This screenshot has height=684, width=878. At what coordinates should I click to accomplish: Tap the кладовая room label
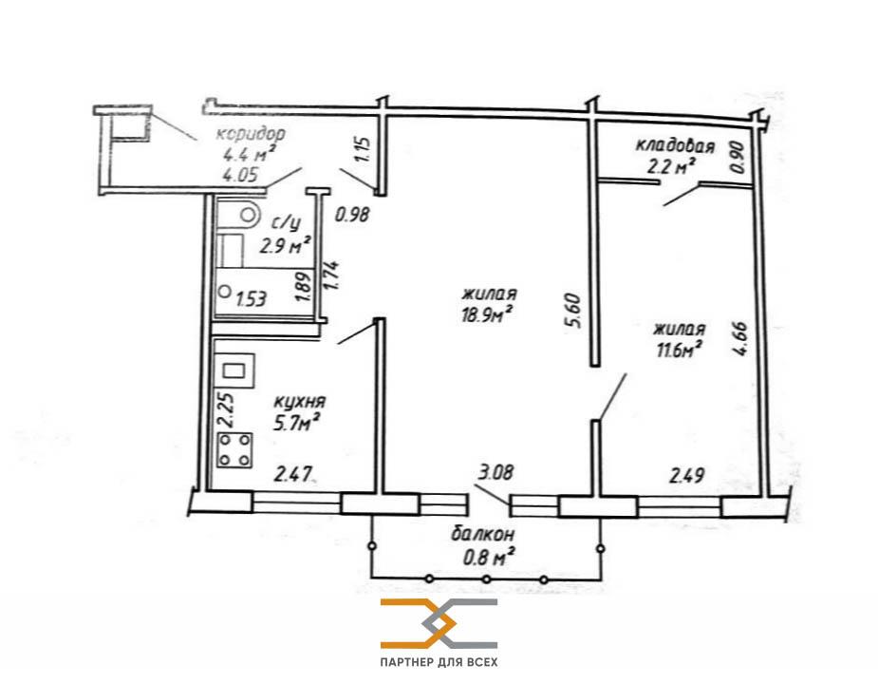tap(675, 146)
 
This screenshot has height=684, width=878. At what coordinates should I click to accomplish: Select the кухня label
tap(300, 402)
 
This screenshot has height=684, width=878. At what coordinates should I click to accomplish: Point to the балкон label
tap(483, 534)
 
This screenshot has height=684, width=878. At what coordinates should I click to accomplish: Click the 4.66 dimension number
tap(739, 338)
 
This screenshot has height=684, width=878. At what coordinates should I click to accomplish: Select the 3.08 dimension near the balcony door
tap(495, 472)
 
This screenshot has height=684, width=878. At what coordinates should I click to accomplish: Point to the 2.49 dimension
tap(687, 476)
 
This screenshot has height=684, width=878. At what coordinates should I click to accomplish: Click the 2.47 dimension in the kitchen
tap(292, 475)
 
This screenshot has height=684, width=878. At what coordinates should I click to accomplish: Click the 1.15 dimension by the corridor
tap(363, 149)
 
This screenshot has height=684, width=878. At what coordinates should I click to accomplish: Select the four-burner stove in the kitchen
tap(234, 450)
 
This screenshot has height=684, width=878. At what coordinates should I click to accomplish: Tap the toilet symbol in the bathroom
tap(248, 214)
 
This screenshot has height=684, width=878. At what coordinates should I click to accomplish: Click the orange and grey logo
tap(439, 623)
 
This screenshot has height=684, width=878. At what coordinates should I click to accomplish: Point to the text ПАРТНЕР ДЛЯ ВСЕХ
tap(439, 663)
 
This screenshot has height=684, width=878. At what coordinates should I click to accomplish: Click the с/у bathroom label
tap(286, 223)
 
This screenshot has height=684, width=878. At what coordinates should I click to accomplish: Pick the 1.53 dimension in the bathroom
tap(251, 299)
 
